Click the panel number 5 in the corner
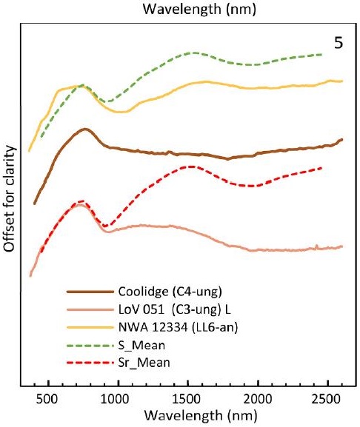(338, 43)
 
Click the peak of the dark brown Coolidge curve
(86, 129)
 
